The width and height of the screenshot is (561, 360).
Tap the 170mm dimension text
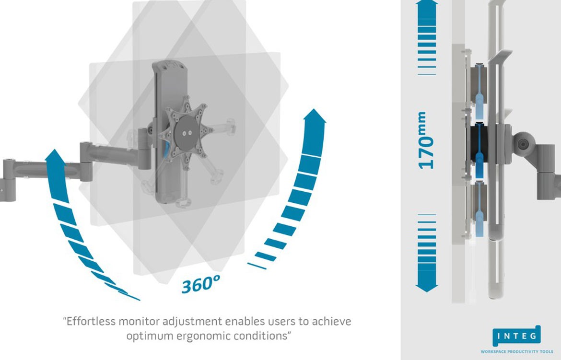(x=426, y=140)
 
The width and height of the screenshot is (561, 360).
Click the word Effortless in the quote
(x=93, y=321)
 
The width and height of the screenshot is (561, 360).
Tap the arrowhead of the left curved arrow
(x=56, y=158)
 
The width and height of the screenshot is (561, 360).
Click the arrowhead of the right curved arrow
(x=315, y=117)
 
